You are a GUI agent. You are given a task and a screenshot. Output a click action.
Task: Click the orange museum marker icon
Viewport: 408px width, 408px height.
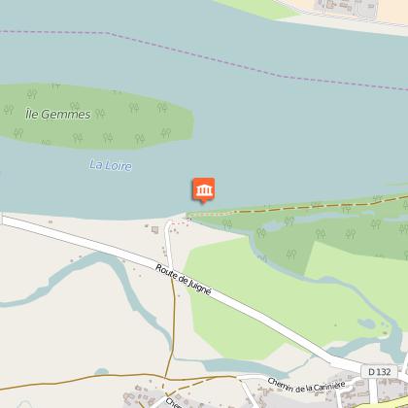204,190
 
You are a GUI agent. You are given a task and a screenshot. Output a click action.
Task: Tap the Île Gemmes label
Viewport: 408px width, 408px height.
57,115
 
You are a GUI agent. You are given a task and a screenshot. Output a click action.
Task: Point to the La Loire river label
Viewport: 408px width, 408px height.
110,165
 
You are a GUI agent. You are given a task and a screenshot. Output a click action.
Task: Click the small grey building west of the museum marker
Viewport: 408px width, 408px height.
153,230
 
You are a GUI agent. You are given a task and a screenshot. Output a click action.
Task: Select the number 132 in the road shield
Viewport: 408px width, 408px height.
387,371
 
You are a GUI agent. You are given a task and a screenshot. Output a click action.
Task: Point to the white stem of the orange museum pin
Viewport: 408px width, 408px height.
204,203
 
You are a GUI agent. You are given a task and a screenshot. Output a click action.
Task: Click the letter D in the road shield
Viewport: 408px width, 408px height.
374,371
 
